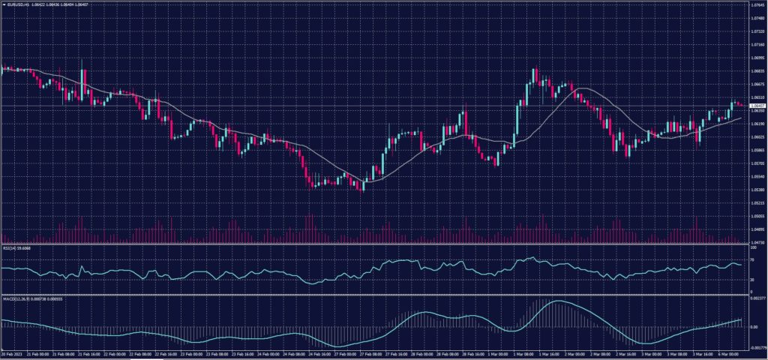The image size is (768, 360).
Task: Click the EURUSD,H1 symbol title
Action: (x=17, y=4)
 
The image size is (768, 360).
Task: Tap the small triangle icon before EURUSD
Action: (x=4, y=4)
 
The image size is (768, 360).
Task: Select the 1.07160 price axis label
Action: (x=756, y=45)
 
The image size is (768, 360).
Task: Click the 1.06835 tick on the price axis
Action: (x=756, y=71)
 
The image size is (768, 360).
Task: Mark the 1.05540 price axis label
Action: (x=756, y=176)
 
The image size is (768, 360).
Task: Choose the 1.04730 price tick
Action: (x=756, y=242)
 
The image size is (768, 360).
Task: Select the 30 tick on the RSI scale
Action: (x=752, y=280)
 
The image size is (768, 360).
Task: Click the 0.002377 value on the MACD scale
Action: (x=757, y=299)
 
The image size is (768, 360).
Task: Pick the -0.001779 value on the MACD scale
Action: (x=757, y=347)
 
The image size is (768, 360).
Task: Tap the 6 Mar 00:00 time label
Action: (x=730, y=353)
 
